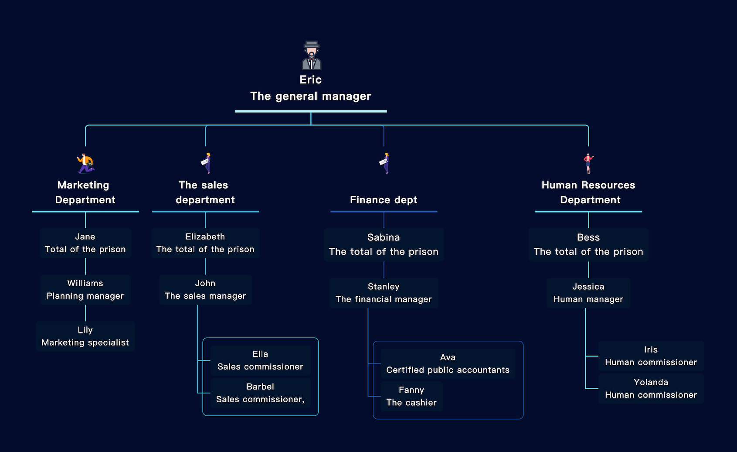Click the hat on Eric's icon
point(311,45)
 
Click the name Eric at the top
point(310,80)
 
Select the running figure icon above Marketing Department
point(85,164)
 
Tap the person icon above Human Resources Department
point(588,163)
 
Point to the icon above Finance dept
point(384,163)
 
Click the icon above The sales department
point(206,163)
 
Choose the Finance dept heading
point(384,200)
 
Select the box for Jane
point(85,243)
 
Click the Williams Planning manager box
point(85,290)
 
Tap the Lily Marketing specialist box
point(85,336)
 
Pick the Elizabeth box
point(205,243)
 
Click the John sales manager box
point(205,290)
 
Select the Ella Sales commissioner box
point(260,360)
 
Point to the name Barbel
point(260,387)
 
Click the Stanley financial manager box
point(384,293)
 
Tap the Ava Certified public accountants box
point(448,363)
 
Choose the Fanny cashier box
point(411,396)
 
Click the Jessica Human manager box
point(588,293)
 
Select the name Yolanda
point(651,382)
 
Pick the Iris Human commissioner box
point(651,356)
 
